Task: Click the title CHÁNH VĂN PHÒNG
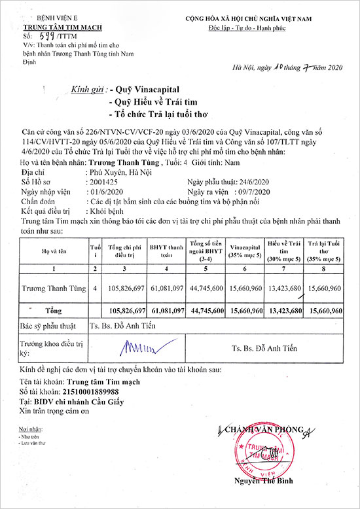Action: coord(257,429)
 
